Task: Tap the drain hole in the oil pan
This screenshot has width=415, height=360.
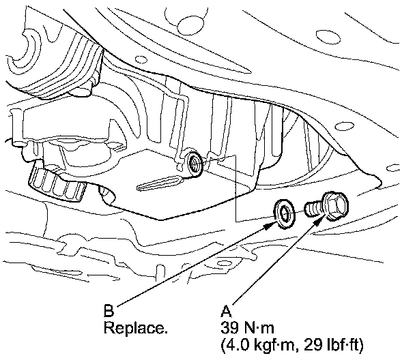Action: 194,163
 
